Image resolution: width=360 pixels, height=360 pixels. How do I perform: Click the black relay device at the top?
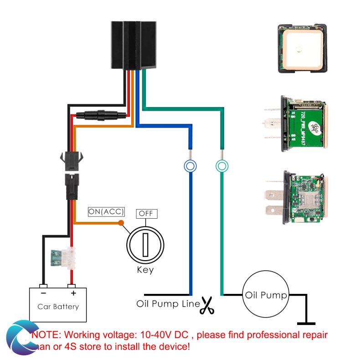tap(134, 44)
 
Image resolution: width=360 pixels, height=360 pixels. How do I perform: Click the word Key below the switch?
tap(145, 270)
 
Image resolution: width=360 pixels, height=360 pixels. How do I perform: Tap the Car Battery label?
tap(58, 306)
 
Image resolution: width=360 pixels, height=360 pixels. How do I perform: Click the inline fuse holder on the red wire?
tap(103, 115)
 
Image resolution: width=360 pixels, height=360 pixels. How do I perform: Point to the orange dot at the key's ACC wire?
tap(121, 223)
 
